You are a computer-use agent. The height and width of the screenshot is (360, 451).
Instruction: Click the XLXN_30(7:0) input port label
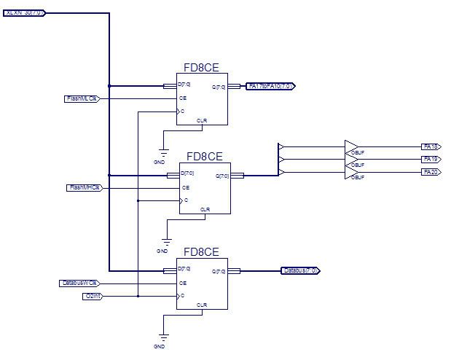pyautogui.click(x=24, y=12)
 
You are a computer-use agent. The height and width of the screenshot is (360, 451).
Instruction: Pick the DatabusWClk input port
pyautogui.click(x=79, y=283)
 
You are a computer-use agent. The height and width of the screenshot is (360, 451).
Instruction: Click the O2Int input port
pyautogui.click(x=93, y=296)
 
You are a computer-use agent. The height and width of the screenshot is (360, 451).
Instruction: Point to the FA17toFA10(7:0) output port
pyautogui.click(x=271, y=86)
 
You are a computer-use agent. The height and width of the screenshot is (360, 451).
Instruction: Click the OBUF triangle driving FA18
pyautogui.click(x=350, y=146)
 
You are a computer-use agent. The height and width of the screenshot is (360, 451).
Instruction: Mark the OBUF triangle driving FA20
pyautogui.click(x=350, y=171)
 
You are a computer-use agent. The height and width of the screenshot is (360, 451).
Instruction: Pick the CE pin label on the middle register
pyautogui.click(x=186, y=187)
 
